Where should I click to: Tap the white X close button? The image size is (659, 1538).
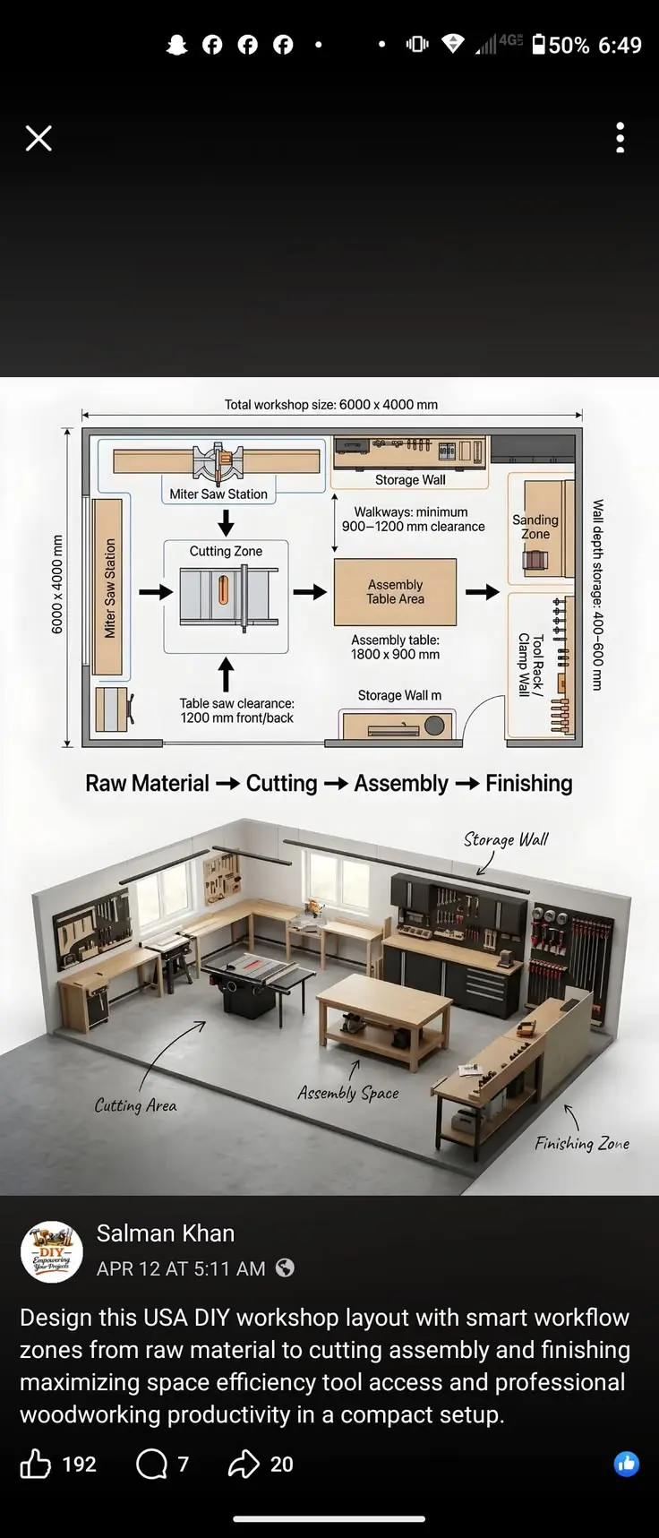[39, 138]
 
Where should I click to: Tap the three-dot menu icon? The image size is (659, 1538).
[620, 138]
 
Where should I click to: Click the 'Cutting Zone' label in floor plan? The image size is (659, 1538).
[226, 551]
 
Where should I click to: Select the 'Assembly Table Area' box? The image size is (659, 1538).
[395, 592]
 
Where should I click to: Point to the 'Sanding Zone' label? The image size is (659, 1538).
[535, 527]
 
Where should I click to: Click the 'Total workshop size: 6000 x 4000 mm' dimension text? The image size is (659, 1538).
[331, 405]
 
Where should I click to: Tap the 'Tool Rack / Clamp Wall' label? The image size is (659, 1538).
[531, 665]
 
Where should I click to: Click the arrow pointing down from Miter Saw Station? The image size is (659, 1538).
[226, 523]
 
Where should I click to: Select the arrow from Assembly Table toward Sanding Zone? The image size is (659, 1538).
[483, 591]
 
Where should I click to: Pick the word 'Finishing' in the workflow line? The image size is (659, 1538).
[528, 784]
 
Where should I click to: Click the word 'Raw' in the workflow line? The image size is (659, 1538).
[106, 784]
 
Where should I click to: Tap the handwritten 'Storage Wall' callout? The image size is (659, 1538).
[506, 839]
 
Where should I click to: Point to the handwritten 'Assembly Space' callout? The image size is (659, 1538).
[348, 1093]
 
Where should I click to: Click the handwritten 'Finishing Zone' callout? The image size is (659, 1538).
[582, 1143]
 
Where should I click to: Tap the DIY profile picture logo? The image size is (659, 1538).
[52, 1251]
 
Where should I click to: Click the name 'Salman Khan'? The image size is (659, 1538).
[166, 1233]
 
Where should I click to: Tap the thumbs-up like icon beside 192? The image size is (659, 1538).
[36, 1464]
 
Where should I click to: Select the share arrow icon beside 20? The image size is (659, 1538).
[243, 1464]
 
